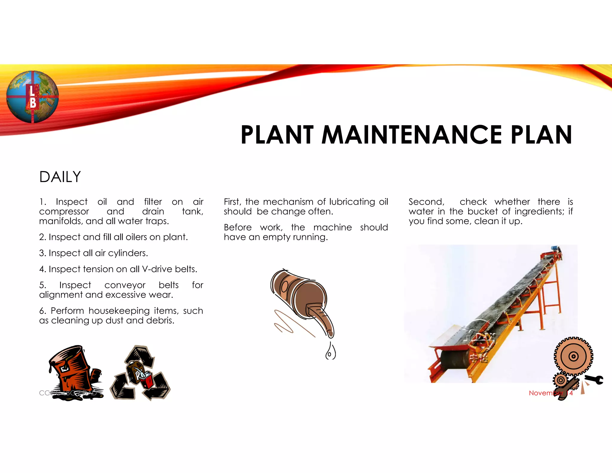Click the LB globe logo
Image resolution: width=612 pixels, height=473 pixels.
pos(32,97)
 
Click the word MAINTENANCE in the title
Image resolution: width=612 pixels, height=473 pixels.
pos(411,135)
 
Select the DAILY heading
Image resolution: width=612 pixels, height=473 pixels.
pos(60,177)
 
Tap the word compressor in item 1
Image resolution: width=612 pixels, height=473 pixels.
pos(64,211)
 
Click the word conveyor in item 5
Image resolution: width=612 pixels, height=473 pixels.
pos(125,285)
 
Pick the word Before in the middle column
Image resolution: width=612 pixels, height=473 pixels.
pos(238,228)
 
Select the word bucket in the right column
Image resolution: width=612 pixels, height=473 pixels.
pos(483,211)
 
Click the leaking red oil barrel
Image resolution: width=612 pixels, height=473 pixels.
pos(75,371)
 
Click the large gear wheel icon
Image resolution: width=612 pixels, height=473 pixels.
pos(573,356)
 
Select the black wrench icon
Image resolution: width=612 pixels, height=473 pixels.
pos(595,380)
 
